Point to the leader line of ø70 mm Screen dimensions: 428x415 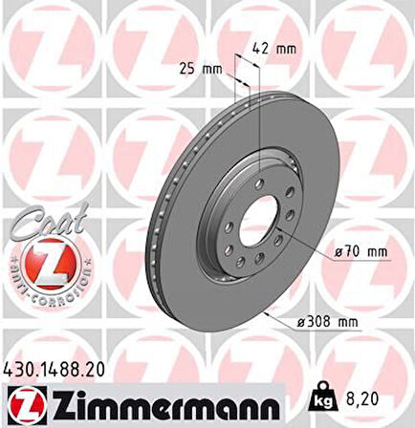311,240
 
